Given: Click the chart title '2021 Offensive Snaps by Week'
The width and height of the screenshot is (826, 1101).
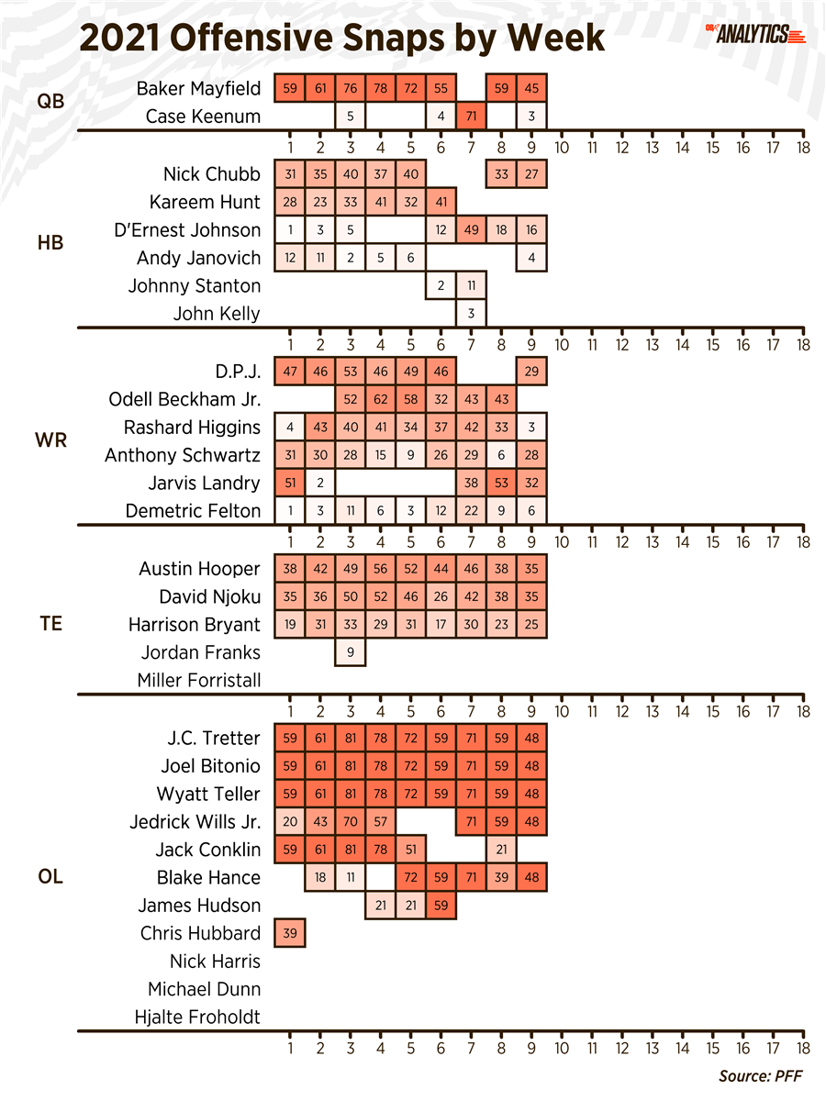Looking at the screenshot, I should coord(342,39).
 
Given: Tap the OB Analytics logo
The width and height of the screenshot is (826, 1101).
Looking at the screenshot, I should coord(755,35).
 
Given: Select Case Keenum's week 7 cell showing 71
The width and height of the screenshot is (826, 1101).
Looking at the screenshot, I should coord(472,117).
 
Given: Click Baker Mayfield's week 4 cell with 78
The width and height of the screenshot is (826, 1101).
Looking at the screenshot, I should coord(381,89).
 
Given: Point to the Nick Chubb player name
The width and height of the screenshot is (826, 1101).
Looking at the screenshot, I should coord(212,174).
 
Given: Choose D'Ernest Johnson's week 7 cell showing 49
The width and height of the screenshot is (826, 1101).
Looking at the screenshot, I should coord(472,230).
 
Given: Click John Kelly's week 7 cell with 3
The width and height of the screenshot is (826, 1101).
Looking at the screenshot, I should coord(472,314).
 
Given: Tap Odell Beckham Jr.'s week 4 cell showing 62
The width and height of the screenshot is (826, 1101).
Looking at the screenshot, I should coord(381,399).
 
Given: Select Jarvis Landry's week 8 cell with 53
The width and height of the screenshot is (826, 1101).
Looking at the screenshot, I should coord(502,484).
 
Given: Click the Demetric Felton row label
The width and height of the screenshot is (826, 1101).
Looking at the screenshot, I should coord(194,511).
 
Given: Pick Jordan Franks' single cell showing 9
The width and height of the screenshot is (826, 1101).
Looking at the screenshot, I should coord(351,653).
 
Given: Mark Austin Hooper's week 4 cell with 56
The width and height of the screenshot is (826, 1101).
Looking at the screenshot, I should coord(381,569).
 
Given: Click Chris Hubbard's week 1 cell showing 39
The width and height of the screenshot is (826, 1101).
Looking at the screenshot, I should coord(290,934).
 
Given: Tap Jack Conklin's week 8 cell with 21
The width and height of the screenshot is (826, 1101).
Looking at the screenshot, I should coord(502,850).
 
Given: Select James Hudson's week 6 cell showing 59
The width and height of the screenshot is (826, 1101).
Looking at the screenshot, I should coord(441,906).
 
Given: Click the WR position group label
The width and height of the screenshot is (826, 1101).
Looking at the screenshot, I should coord(50,441).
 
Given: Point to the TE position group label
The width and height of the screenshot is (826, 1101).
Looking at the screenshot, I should coord(50,625).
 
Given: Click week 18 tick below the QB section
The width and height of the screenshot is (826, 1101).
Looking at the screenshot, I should coord(803,147).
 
